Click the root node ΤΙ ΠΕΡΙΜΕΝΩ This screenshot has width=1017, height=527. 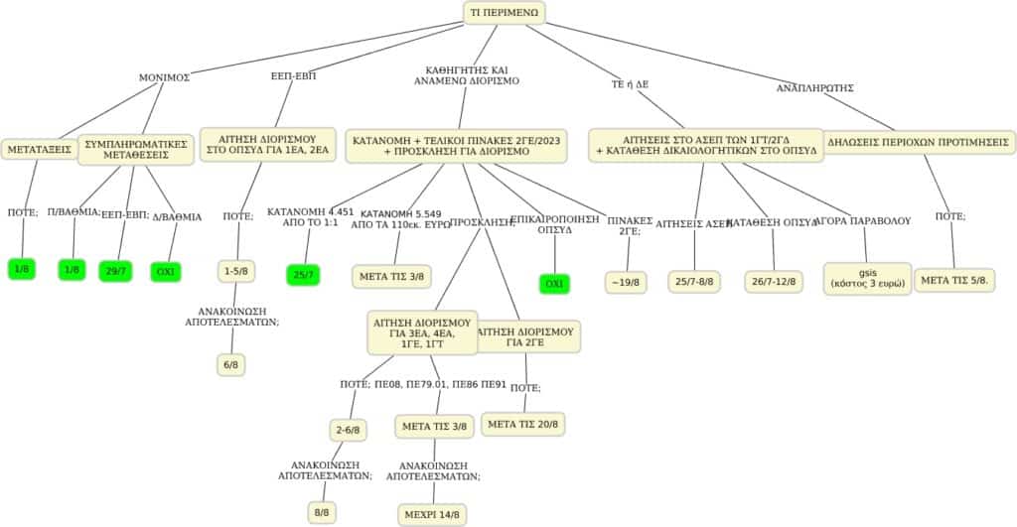point(505,12)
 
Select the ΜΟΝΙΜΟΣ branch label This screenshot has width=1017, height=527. point(164,76)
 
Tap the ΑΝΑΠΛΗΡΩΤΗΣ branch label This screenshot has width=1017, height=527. point(814,87)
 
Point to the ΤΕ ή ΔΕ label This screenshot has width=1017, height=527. point(630,84)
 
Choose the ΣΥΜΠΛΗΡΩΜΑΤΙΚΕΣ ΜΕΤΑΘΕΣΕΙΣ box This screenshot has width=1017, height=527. point(137,150)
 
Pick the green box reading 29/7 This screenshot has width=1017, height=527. point(115,270)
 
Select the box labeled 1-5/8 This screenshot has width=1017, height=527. point(236,270)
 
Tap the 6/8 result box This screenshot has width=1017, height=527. point(230,364)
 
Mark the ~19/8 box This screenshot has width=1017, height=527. point(628,282)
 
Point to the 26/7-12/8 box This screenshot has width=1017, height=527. point(774,282)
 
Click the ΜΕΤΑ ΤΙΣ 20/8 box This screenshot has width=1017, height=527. point(523,424)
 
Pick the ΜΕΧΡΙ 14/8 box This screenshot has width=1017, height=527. point(431,514)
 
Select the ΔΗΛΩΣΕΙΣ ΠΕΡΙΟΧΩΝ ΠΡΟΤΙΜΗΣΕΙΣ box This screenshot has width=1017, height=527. point(919,142)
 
